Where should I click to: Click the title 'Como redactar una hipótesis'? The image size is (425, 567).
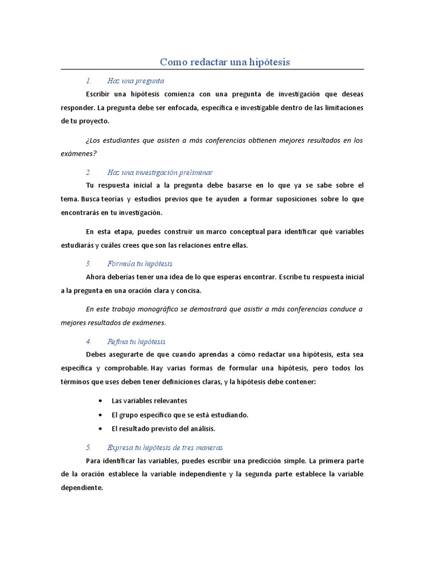click(x=225, y=61)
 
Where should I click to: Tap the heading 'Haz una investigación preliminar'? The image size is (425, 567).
click(x=160, y=173)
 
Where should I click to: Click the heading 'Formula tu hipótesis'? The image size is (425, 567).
click(x=140, y=264)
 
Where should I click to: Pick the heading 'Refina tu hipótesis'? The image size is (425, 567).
click(x=136, y=342)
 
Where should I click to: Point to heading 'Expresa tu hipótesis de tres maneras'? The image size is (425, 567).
click(x=165, y=447)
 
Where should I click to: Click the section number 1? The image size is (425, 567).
click(x=89, y=81)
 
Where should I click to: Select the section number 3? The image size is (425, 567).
click(x=89, y=264)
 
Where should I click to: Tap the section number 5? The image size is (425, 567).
click(x=89, y=447)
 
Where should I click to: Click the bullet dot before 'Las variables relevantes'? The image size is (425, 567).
click(x=99, y=400)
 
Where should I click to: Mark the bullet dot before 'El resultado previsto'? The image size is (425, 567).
click(x=99, y=429)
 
